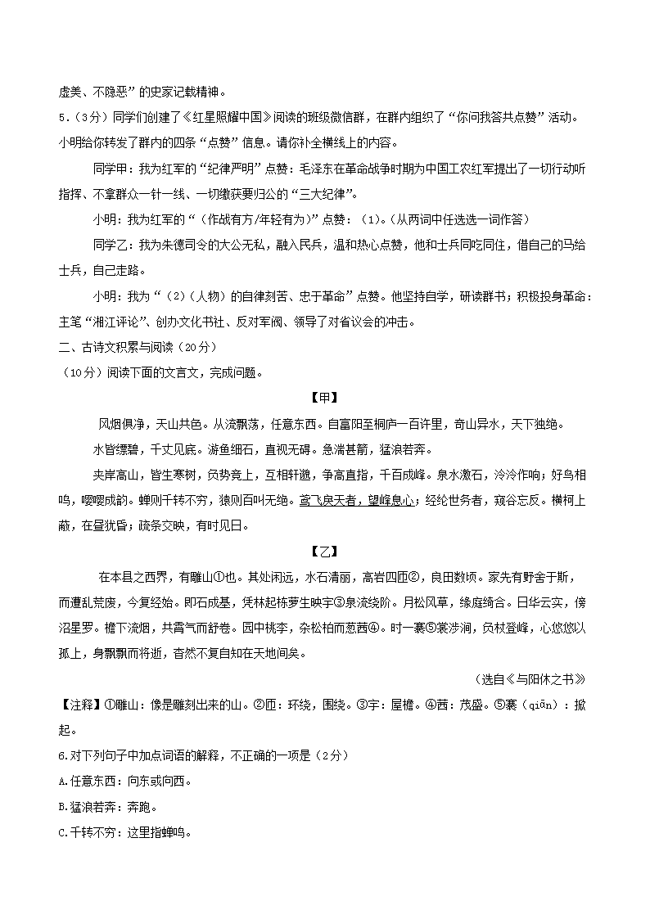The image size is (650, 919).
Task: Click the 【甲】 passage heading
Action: (x=324, y=399)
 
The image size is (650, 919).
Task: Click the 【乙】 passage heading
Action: (x=324, y=552)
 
